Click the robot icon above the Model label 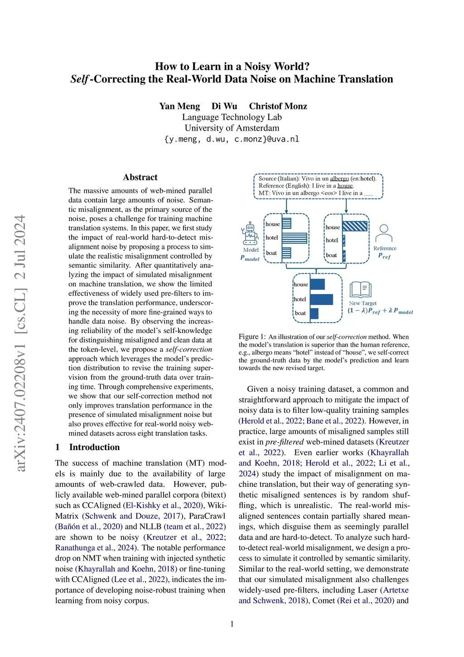(250, 234)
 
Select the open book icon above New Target (361, 290)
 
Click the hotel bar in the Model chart (294, 238)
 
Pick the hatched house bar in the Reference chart (354, 226)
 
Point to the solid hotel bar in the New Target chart (321, 299)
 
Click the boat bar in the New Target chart (314, 313)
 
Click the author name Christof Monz (278, 106)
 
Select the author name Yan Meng (179, 106)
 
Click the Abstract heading (140, 177)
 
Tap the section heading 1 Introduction (87, 447)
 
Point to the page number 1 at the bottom (232, 624)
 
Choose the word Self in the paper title (79, 79)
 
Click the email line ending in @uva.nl (232, 139)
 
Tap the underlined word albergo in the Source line (339, 179)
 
